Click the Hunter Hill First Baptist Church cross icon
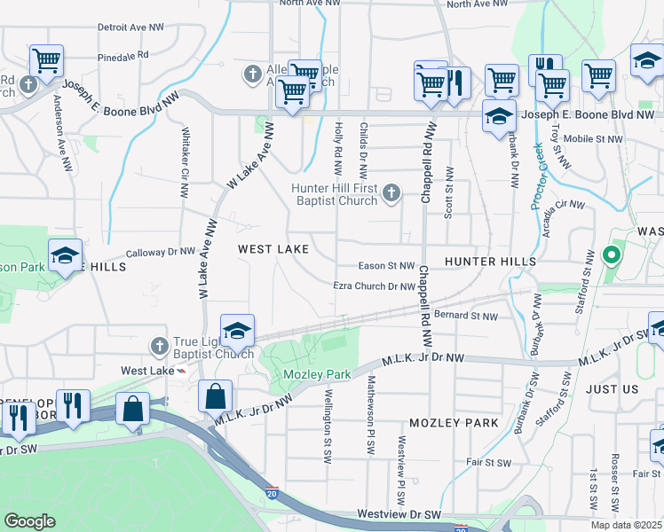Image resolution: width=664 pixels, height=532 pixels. pyautogui.click(x=391, y=193)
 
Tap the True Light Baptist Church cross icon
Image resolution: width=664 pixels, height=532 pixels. pyautogui.click(x=159, y=345)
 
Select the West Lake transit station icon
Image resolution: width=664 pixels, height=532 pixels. pyautogui.click(x=182, y=371)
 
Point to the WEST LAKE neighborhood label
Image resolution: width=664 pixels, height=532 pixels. pyautogui.click(x=273, y=250)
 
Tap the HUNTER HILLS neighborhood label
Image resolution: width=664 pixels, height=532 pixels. pyautogui.click(x=490, y=262)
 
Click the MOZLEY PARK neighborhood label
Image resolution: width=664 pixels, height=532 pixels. pyautogui.click(x=455, y=423)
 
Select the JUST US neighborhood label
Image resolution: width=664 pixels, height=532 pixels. pyautogui.click(x=613, y=389)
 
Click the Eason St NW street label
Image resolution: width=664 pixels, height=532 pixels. pyautogui.click(x=387, y=265)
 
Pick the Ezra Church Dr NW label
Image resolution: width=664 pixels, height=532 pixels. pyautogui.click(x=375, y=286)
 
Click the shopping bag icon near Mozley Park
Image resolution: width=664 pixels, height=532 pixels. pyautogui.click(x=216, y=396)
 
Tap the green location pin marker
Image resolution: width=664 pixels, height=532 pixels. pyautogui.click(x=611, y=256)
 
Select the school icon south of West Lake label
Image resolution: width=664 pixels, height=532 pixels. pyautogui.click(x=237, y=332)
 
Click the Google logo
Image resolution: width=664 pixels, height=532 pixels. pyautogui.click(x=29, y=521)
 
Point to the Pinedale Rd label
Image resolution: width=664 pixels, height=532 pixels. pyautogui.click(x=123, y=56)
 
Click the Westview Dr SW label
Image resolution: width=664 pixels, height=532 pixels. pyautogui.click(x=399, y=514)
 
